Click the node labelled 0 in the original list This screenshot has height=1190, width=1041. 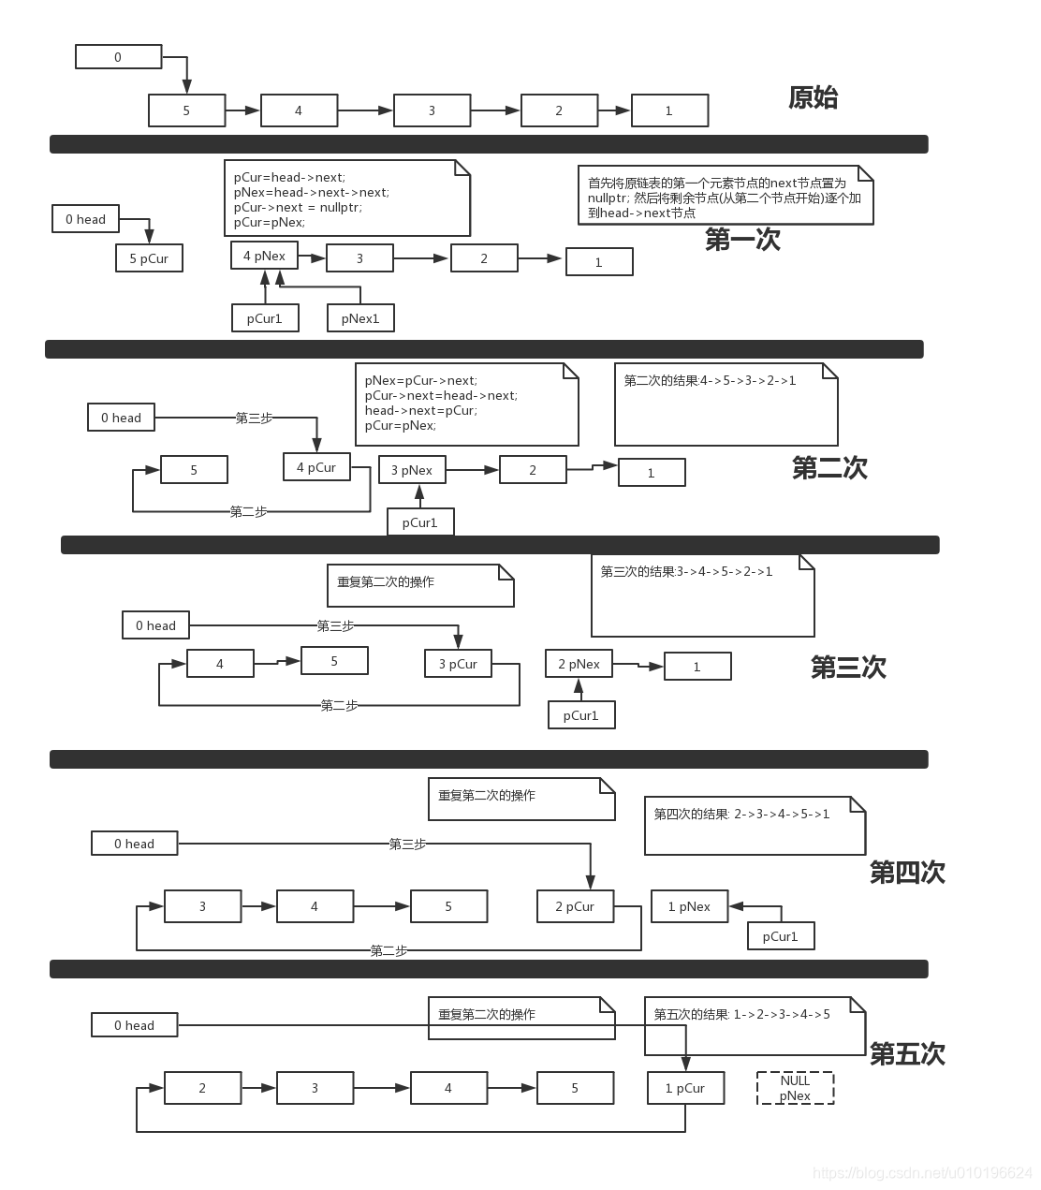coord(118,57)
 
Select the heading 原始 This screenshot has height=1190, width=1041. coord(813,97)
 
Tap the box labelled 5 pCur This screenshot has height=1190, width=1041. coord(149,258)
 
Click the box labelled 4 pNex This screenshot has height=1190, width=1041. coord(264,256)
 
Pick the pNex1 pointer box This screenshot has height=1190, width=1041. coord(360,318)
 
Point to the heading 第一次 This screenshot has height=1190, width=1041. coord(742,240)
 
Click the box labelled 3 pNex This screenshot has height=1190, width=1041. coord(412,470)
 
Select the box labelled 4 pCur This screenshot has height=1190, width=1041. coord(316,467)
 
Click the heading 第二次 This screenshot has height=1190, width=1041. coord(829,468)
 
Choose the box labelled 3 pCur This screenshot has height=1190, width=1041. coord(458,664)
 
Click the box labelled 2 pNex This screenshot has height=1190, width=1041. coord(579,664)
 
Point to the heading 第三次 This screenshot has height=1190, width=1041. coord(848,668)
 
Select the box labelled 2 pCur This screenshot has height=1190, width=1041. coord(575,906)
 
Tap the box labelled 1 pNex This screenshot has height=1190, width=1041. coord(689,906)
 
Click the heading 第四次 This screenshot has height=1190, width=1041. coord(907,873)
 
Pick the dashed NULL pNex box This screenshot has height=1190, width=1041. coord(795,1088)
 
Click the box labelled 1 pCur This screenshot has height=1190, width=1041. coord(685,1088)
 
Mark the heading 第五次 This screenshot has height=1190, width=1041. coord(907,1054)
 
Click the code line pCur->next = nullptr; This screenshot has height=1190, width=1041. coord(298,207)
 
